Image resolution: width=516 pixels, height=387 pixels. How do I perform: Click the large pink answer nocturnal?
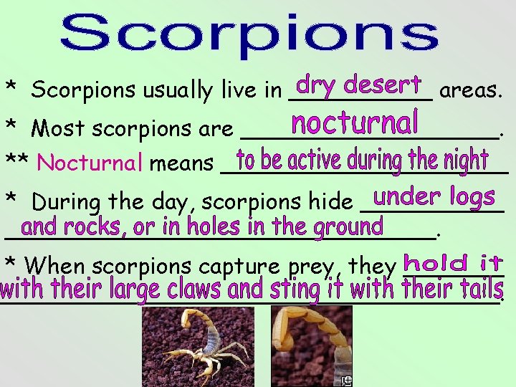pyautogui.click(x=355, y=123)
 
